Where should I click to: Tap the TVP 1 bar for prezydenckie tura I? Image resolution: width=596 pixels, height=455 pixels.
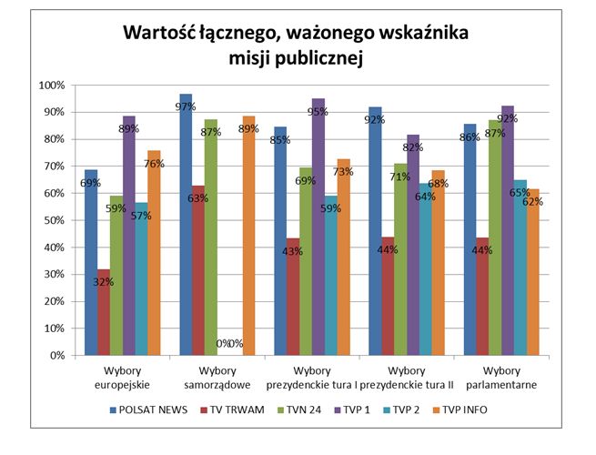click(318, 227)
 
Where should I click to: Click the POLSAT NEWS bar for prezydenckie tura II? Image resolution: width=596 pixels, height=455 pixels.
click(375, 231)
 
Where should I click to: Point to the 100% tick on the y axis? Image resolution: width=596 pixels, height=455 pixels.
click(51, 86)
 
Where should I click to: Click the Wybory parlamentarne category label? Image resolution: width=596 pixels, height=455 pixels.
click(501, 378)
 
